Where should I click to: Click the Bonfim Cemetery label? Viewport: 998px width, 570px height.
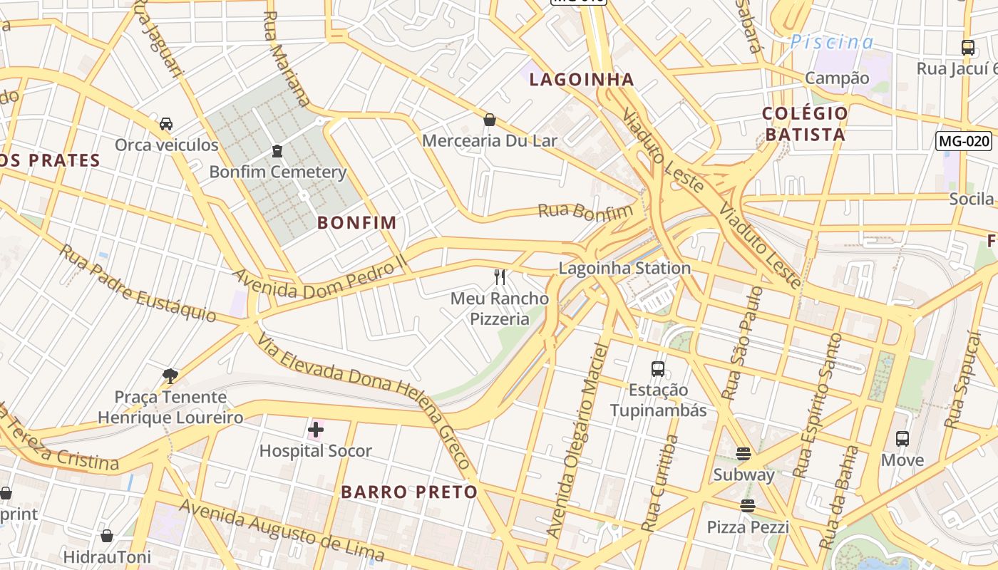pos(277,172)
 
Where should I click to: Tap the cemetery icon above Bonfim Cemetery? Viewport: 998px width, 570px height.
pos(277,151)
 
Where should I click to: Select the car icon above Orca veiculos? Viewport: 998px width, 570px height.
pos(166,124)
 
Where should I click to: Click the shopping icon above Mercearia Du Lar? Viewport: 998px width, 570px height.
pos(490,120)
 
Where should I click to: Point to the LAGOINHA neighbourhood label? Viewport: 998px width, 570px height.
pos(582,79)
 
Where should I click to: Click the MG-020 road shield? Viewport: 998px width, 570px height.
pos(964,141)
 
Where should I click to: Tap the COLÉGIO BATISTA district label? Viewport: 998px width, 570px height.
pos(805,124)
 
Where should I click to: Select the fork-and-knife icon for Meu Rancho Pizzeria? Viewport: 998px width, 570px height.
pos(500,277)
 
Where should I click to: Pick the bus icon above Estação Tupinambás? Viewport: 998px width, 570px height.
pos(658,369)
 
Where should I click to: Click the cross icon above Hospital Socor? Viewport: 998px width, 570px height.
pos(315,430)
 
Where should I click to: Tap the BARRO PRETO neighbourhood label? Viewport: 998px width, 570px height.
pos(409,492)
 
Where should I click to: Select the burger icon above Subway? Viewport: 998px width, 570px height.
pos(744,454)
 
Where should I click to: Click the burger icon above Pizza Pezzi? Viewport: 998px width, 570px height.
pos(747,506)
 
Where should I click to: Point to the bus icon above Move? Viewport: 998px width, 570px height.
pos(902,439)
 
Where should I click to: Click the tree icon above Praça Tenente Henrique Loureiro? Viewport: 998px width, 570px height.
pos(170,375)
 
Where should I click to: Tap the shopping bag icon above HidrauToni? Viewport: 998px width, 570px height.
pos(107,536)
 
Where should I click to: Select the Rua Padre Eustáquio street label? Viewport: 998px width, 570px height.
pos(137,283)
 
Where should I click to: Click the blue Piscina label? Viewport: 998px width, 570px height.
pos(831,42)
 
